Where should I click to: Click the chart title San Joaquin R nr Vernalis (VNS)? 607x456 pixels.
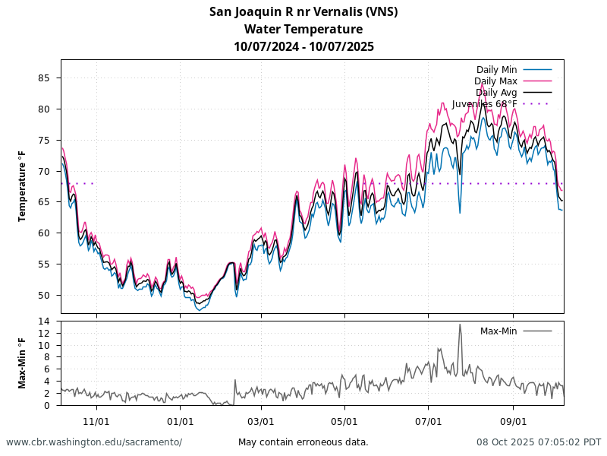[303, 11]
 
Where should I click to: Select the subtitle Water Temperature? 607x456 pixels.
[303, 29]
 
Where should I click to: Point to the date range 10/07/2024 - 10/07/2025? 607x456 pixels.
[303, 46]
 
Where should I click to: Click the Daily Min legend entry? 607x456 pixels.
[497, 70]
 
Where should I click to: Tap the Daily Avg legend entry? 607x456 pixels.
[496, 93]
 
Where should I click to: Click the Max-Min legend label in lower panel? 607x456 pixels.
[498, 331]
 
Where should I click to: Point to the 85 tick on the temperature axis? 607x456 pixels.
[44, 78]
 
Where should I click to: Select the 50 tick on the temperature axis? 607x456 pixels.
[44, 296]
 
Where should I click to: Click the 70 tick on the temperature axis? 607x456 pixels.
[44, 172]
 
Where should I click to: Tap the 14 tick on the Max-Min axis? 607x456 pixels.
[44, 321]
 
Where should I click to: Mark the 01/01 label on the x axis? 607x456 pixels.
[180, 421]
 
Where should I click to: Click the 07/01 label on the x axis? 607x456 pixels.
[429, 421]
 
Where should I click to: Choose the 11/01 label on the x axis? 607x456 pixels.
[96, 421]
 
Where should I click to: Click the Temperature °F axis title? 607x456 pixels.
[22, 186]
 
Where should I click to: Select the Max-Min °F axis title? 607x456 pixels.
[22, 363]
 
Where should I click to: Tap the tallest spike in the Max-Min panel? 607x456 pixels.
[460, 325]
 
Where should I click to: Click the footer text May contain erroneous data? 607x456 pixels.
[303, 442]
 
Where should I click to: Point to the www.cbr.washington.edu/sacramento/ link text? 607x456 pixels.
[94, 442]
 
